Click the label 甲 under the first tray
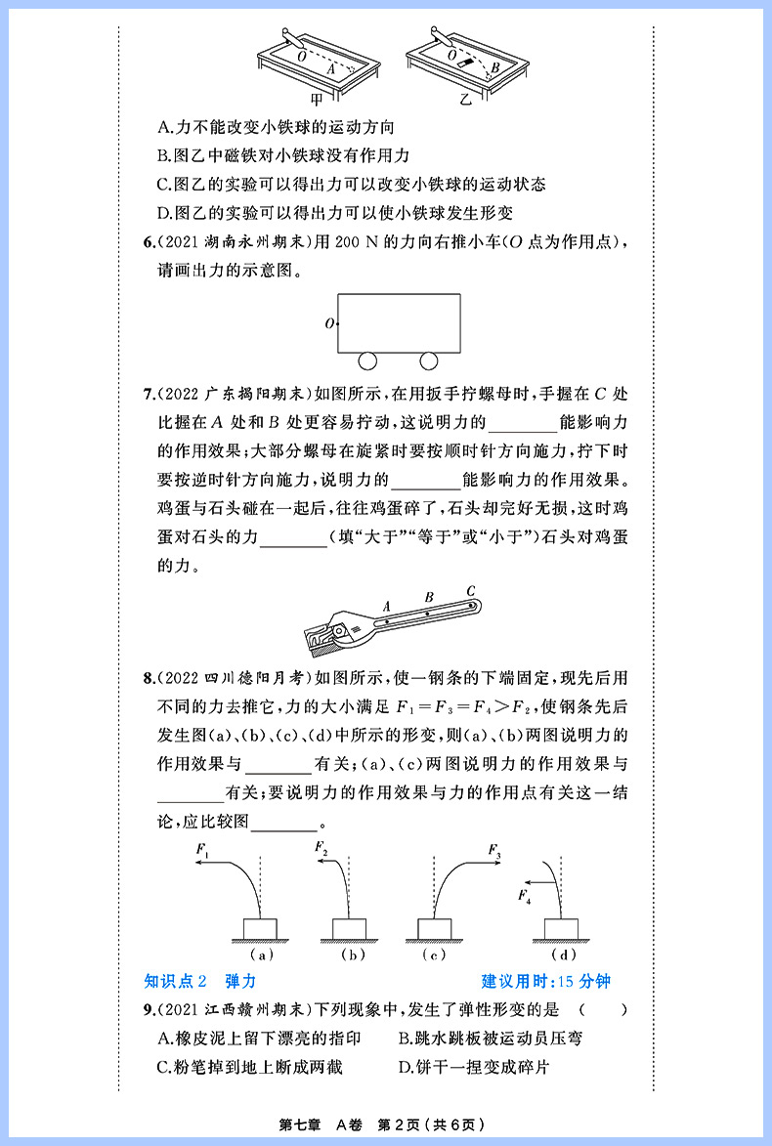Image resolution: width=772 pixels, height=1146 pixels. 316,99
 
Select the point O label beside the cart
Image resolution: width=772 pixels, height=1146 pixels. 329,322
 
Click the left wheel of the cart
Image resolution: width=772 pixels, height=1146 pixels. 367,361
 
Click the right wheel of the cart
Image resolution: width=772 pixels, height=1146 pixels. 428,361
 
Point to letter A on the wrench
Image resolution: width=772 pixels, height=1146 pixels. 387,606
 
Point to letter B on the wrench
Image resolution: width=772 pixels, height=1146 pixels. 429,597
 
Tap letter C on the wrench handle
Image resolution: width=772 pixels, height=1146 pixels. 470,590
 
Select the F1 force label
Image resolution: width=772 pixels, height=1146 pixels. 202,851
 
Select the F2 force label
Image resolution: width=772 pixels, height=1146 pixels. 322,849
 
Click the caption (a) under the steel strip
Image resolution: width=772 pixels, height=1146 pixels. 260,954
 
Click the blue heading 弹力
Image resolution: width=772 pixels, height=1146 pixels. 239,981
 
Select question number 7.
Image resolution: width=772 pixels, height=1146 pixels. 149,395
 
